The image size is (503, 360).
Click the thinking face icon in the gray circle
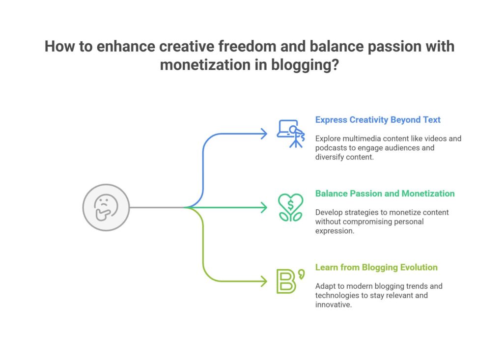click(106, 208)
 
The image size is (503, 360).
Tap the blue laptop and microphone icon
click(291, 134)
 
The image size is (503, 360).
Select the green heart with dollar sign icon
click(291, 208)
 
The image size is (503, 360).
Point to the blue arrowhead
click(264, 134)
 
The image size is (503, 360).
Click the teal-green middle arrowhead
click(264, 208)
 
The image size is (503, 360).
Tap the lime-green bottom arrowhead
click(264, 281)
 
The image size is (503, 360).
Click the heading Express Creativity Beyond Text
click(378, 120)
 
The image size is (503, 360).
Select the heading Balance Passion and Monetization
click(385, 194)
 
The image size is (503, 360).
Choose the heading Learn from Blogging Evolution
click(376, 268)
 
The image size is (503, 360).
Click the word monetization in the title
click(205, 65)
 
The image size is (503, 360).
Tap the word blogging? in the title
click(305, 65)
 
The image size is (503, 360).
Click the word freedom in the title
click(248, 46)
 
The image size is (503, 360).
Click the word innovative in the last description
click(334, 305)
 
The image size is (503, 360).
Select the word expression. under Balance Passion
click(335, 231)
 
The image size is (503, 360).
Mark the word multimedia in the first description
click(360, 138)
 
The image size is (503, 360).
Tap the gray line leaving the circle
click(157, 208)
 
